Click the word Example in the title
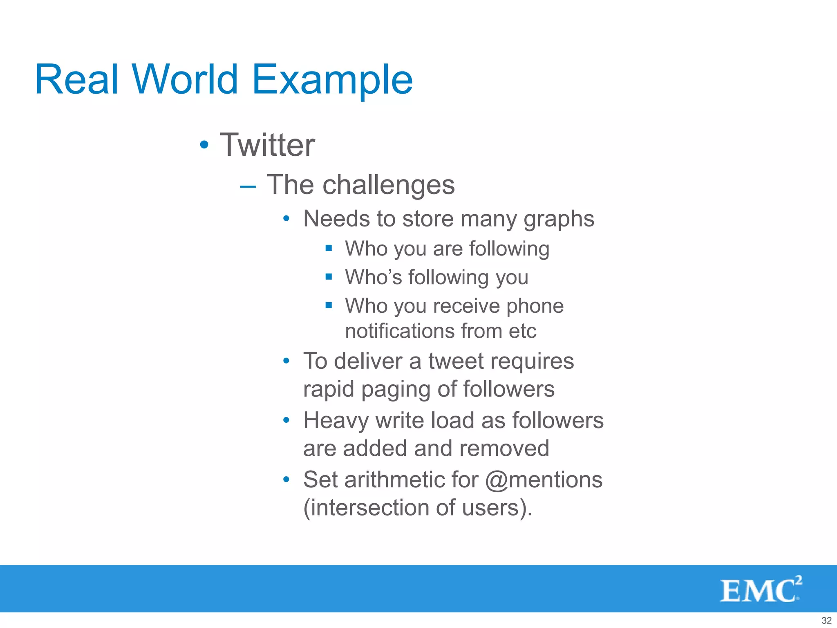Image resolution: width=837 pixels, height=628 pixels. pyautogui.click(x=332, y=80)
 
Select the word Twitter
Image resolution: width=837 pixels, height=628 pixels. pyautogui.click(x=268, y=145)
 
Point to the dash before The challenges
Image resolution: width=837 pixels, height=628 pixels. pyautogui.click(x=248, y=187)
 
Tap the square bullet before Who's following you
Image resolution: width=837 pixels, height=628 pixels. pyautogui.click(x=329, y=276)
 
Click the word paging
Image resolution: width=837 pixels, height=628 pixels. pyautogui.click(x=396, y=390)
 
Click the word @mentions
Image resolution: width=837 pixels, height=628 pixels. pyautogui.click(x=544, y=480)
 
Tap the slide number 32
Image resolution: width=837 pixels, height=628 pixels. pyautogui.click(x=826, y=620)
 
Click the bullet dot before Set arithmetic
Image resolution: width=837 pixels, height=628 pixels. pyautogui.click(x=286, y=479)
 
